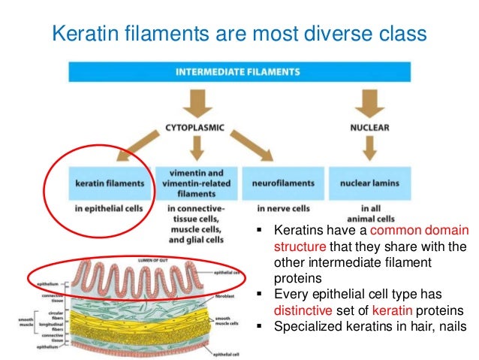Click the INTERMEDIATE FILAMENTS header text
[238, 72]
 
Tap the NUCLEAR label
[369, 128]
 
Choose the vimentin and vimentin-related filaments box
[197, 183]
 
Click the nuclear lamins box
[369, 183]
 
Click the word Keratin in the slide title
[79, 33]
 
